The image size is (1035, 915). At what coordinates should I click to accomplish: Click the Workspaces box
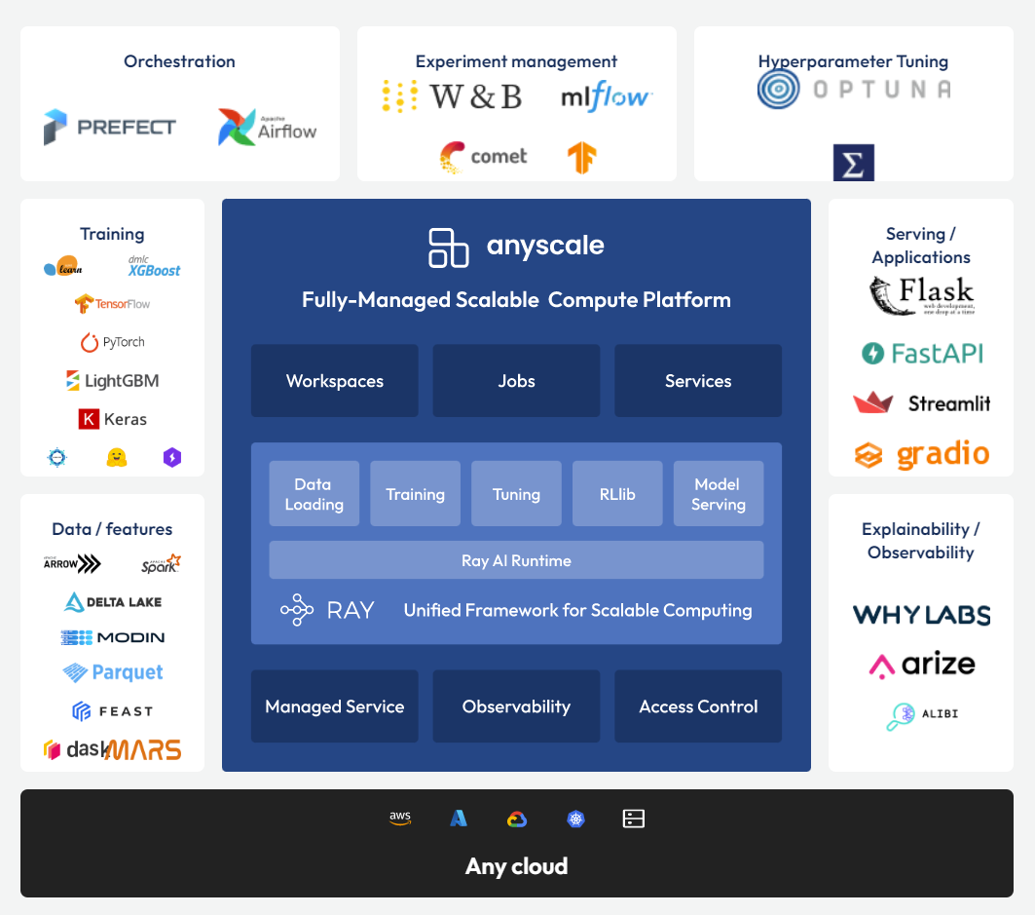pos(335,381)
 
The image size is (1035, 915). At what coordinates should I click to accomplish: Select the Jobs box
pos(516,381)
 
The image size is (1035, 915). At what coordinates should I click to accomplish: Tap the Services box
pos(698,381)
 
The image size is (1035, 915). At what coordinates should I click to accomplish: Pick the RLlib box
pos(617,494)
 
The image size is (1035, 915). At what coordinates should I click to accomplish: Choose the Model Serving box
pos(719,494)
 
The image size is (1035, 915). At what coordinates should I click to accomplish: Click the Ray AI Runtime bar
pos(516,560)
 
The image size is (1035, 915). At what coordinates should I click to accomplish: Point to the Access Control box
pos(698,706)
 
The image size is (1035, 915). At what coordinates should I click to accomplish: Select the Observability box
pos(516,706)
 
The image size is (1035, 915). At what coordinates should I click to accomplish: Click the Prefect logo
pos(110,128)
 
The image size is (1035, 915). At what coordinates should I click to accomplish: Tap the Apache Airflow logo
pos(267,128)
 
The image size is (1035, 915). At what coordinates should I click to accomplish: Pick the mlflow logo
pos(606,96)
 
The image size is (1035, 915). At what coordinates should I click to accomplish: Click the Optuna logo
pos(853,90)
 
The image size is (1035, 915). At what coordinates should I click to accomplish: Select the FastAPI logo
pos(922,353)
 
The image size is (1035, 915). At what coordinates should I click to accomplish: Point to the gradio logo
pos(921,454)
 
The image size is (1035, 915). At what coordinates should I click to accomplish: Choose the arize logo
pos(921,665)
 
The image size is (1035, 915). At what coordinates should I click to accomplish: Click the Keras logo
pos(112,419)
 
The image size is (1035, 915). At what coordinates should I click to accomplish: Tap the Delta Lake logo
pos(112,602)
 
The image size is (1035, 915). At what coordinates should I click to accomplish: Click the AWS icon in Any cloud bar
pos(400,819)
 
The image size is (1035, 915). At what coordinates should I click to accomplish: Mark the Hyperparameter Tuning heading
pos(853,61)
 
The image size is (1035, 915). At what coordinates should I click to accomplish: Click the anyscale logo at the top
pos(516,247)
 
